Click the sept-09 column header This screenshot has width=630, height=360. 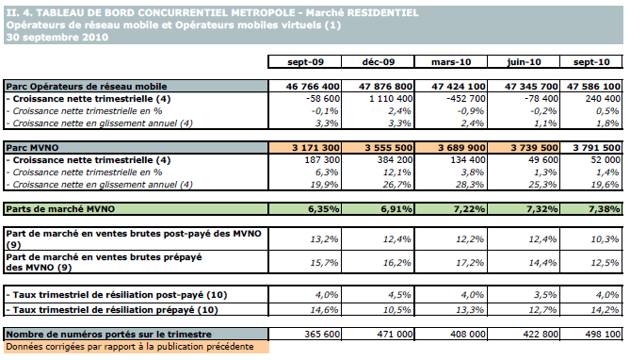[x=305, y=62]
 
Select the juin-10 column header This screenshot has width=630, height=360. [x=524, y=62]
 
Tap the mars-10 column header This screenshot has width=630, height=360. [x=451, y=62]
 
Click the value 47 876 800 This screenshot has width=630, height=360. [x=386, y=87]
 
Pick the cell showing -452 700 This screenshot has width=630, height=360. [x=465, y=99]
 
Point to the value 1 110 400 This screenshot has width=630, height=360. [x=391, y=99]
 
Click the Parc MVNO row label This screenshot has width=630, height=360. [x=32, y=148]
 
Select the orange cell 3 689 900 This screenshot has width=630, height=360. [x=461, y=148]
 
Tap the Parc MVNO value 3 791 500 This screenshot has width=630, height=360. [x=597, y=148]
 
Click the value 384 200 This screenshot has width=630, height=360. [x=395, y=160]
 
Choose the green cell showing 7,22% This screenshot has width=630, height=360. [x=469, y=209]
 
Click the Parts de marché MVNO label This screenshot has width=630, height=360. [x=60, y=209]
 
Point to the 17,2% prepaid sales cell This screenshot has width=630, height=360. [x=469, y=263]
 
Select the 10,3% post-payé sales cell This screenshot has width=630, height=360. [x=605, y=239]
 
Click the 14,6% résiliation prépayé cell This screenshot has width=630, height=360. [x=324, y=310]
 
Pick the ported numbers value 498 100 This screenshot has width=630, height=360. [x=603, y=335]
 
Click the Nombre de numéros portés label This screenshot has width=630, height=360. [x=108, y=335]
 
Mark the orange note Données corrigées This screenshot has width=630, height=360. [x=130, y=347]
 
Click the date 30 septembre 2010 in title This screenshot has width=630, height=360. [x=57, y=38]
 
